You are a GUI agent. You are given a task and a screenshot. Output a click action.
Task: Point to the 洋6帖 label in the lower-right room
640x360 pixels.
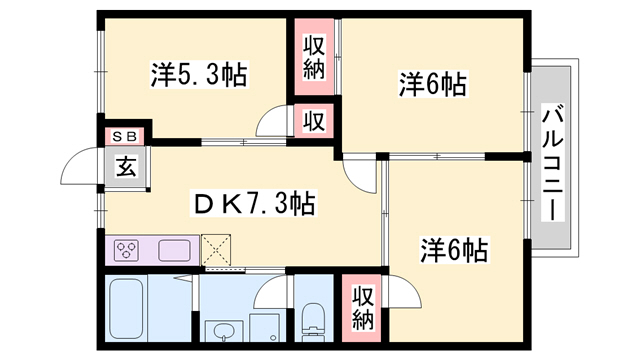453,249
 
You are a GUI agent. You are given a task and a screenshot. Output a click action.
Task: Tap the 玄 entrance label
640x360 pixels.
126,168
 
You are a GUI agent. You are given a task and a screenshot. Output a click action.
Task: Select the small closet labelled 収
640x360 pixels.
314,122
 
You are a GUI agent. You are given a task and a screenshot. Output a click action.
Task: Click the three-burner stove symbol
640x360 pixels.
128,249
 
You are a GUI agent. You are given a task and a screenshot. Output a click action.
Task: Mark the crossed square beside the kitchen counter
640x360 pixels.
215,248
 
